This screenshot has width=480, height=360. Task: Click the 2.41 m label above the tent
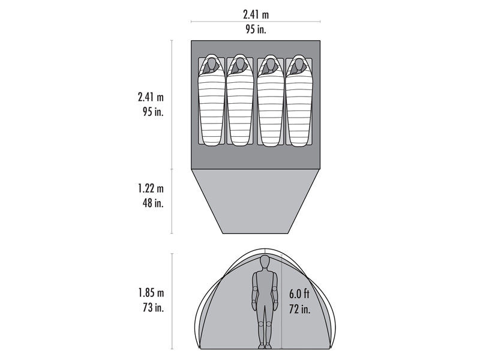256,14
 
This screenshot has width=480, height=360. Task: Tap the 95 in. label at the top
256,29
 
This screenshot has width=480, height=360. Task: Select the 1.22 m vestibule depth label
151,188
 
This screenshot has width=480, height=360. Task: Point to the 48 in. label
153,203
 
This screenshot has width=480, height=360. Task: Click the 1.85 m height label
151,293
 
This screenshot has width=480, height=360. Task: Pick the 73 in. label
154,307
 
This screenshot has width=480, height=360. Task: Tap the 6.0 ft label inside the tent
299,294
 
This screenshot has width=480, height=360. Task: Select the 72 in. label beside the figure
299,309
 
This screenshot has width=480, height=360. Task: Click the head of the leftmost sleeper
211,64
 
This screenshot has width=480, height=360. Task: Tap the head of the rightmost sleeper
298,64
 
